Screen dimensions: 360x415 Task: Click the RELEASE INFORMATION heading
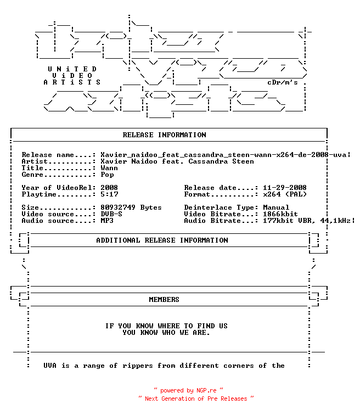[x=164, y=135]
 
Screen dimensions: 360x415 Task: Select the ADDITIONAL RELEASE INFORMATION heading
[x=162, y=240]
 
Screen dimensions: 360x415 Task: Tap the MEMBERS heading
[x=164, y=300]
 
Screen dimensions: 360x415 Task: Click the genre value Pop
[x=107, y=175]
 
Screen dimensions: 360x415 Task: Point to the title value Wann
[x=109, y=168]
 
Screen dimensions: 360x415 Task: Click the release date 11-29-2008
[x=285, y=188]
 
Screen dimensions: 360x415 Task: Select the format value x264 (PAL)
[x=285, y=194]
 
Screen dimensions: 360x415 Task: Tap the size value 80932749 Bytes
[x=131, y=207]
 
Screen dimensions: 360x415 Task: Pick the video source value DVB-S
[x=111, y=214]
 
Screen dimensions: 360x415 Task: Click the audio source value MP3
[x=107, y=221]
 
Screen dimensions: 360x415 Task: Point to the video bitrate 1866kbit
[x=280, y=214]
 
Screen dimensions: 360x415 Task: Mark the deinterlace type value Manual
[x=276, y=207]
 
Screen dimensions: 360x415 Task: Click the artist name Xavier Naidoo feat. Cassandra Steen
[x=177, y=161]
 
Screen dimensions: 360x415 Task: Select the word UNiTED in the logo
[x=72, y=69]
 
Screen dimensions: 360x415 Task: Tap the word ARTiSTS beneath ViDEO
[x=72, y=82]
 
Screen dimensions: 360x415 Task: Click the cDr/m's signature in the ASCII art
[x=283, y=82]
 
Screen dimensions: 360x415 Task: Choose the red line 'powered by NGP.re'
[x=188, y=390]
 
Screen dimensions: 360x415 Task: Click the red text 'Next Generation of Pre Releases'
[x=196, y=399]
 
